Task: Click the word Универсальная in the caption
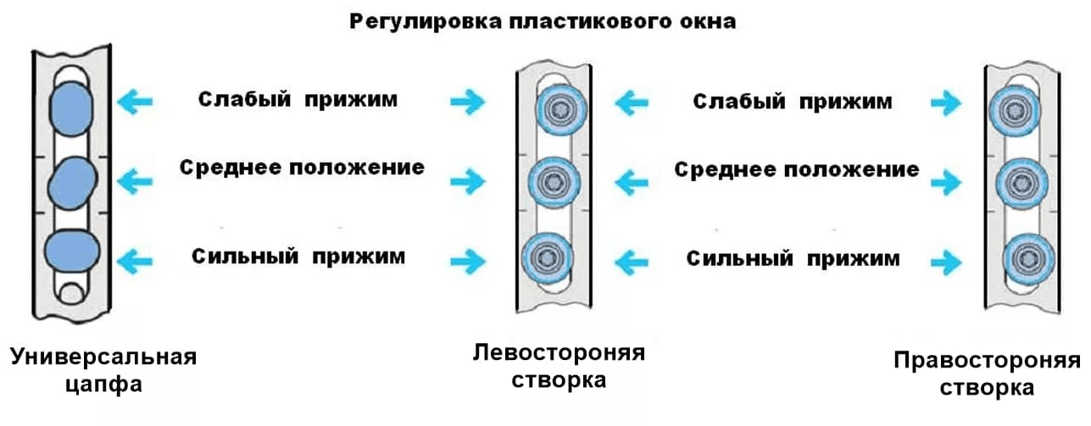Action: pyautogui.click(x=103, y=357)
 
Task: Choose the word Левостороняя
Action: pyautogui.click(x=559, y=351)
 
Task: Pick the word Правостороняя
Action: pyautogui.click(x=987, y=362)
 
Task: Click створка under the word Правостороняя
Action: pyautogui.click(x=987, y=389)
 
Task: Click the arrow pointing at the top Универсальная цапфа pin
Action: pyautogui.click(x=135, y=102)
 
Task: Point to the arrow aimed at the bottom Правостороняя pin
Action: pyautogui.click(x=946, y=257)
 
